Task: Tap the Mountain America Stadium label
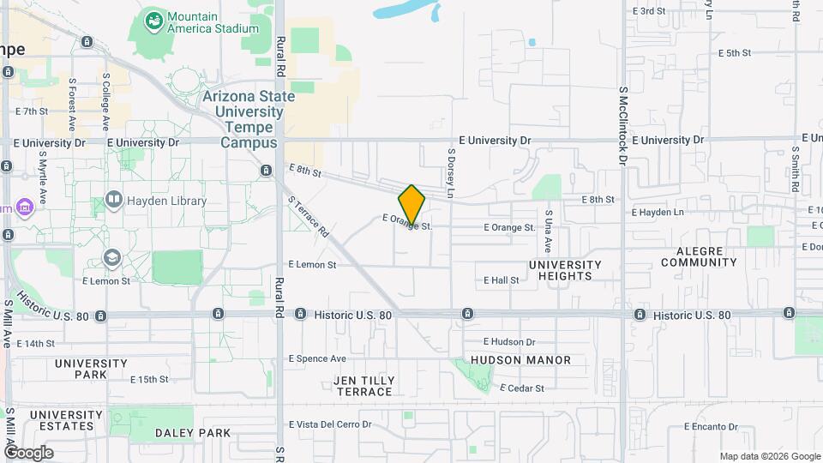tap(213, 22)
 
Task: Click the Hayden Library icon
tap(113, 201)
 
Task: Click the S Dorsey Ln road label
tap(451, 170)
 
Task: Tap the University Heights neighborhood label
tap(565, 270)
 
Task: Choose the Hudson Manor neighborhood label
tap(520, 360)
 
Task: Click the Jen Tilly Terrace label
tap(364, 386)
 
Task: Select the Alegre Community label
tap(699, 256)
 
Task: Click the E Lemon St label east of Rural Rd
tap(312, 265)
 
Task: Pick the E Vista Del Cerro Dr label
tap(330, 424)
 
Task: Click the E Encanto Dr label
tap(711, 426)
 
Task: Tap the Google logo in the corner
tap(28, 453)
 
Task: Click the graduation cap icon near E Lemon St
tap(112, 258)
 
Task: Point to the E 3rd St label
tap(649, 11)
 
